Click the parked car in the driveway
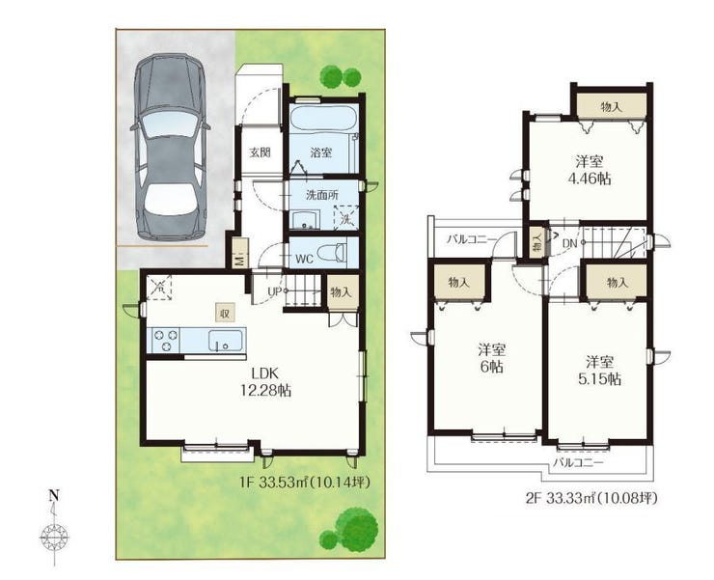click(171, 147)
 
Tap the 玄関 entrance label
click(260, 152)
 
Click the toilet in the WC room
click(333, 253)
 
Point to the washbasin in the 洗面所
click(305, 220)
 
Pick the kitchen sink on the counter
click(225, 341)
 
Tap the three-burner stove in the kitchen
click(166, 341)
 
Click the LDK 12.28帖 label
click(265, 382)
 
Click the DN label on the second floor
click(569, 243)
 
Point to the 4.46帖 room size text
click(590, 179)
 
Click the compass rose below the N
click(54, 539)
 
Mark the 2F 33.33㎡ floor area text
click(591, 498)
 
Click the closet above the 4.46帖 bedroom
click(611, 106)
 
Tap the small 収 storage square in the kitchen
click(226, 313)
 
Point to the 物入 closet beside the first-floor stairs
click(342, 292)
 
